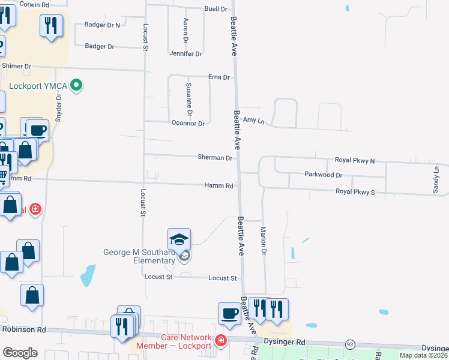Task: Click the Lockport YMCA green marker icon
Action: point(76,86)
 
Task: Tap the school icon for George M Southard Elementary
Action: point(179,240)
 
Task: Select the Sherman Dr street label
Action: point(215,158)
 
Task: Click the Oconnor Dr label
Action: point(188,124)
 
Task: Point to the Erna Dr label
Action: point(219,77)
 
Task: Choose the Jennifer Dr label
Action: point(185,54)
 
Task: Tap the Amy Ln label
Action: point(253,121)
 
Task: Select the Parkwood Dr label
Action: point(323,175)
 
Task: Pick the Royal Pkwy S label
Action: point(355,192)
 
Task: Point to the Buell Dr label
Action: point(216,10)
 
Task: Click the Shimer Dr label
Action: point(16,66)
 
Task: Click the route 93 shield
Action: point(349,344)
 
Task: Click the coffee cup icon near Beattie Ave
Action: point(229,313)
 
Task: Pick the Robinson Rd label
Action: point(24,329)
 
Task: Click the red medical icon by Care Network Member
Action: point(221,341)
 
